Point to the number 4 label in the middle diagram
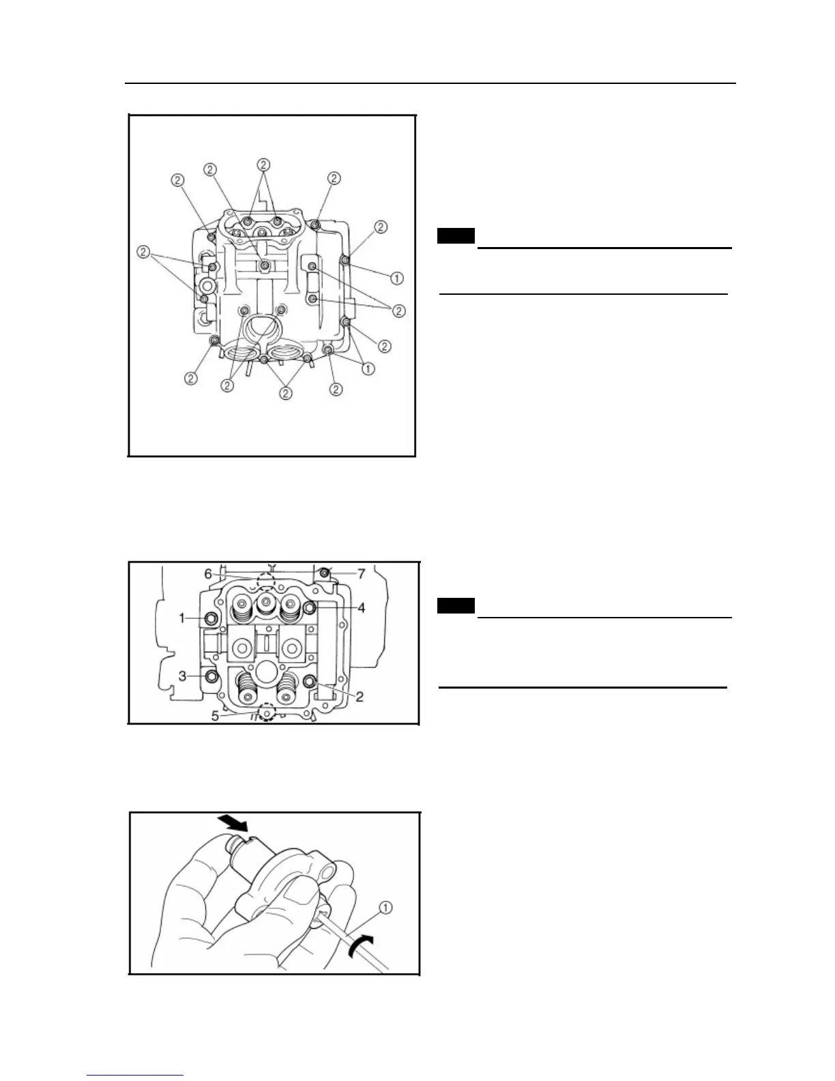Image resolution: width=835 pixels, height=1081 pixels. [x=362, y=607]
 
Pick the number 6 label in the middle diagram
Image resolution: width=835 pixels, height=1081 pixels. [x=208, y=575]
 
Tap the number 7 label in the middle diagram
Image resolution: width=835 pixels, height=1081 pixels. [x=362, y=574]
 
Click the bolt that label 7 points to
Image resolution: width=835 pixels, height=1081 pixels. [x=325, y=571]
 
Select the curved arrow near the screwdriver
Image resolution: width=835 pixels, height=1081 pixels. [x=360, y=947]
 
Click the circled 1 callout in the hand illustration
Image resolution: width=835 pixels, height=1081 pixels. [x=386, y=907]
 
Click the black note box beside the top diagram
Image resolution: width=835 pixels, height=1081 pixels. [x=456, y=237]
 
